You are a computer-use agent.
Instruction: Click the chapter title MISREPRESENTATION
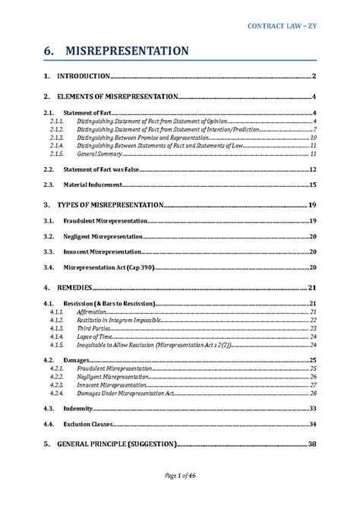[126, 51]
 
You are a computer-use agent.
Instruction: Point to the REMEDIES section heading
[75, 288]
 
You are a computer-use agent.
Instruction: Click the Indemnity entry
[79, 408]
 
